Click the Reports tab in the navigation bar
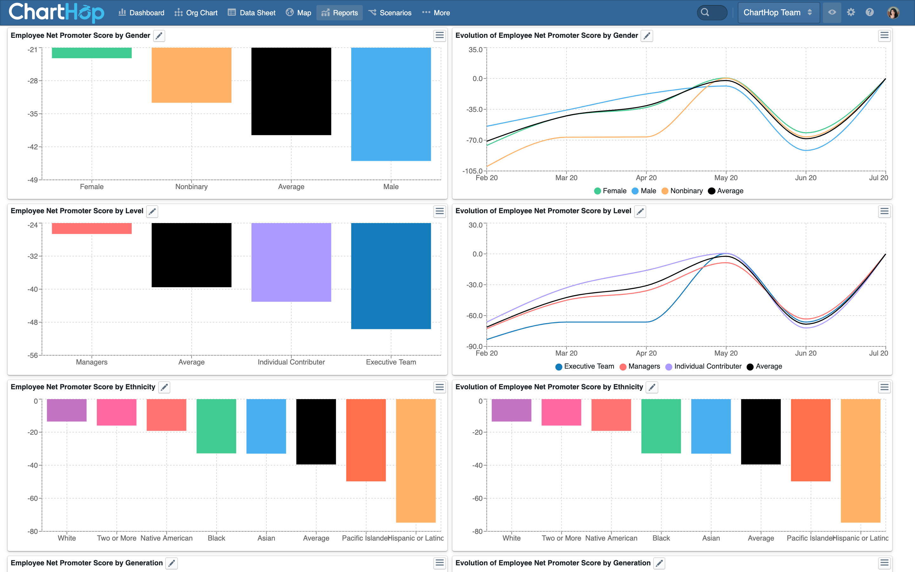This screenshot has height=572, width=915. pos(340,13)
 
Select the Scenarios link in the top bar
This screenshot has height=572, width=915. pos(390,13)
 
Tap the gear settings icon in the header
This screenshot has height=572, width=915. pos(851,12)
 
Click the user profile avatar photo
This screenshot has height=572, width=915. pos(893,12)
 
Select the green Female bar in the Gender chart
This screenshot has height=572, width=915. pos(91,53)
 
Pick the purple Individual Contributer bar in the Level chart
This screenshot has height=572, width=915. pos(291,262)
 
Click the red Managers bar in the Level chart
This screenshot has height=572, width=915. pos(91,228)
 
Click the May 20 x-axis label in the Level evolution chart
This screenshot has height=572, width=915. pos(726,353)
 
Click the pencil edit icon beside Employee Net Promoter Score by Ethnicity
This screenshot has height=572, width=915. pos(164,387)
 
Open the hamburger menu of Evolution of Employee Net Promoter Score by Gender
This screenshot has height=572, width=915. pos(884,36)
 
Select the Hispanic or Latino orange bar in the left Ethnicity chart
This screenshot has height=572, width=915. pos(416,460)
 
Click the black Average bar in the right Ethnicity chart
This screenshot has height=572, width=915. pos(760,431)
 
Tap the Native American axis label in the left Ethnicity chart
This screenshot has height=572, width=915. pos(166,538)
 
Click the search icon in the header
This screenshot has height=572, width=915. pos(705,12)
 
